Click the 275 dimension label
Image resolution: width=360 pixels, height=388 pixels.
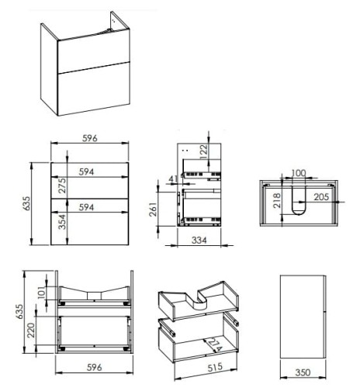(62, 185)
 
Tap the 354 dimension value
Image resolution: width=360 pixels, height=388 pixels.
(62, 222)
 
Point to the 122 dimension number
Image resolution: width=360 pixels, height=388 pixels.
(203, 151)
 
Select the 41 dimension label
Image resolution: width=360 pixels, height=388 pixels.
(174, 178)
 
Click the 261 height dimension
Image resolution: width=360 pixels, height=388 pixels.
(153, 210)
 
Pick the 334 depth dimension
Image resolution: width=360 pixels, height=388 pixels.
(199, 241)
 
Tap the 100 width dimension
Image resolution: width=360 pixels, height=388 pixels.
(299, 173)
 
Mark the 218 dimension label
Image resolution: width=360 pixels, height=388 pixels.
(277, 200)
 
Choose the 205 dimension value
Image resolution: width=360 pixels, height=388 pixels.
(321, 197)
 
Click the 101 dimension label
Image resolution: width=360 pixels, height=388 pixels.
(42, 293)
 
